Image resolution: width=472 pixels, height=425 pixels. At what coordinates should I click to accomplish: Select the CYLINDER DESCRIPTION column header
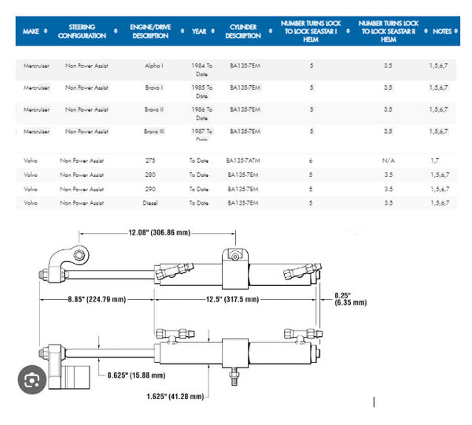pos(243,31)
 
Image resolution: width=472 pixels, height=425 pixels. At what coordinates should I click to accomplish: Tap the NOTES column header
pos(442,31)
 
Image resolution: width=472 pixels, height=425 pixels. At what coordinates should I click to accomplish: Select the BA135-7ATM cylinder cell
pos(243,161)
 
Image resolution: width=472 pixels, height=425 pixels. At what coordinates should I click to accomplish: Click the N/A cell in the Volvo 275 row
pos(388,161)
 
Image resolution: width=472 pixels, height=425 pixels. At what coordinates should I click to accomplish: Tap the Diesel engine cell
pos(151,203)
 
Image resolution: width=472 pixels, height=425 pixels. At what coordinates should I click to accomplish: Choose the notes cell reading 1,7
pos(435,161)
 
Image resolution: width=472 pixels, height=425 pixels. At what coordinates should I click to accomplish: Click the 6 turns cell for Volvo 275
pos(311,161)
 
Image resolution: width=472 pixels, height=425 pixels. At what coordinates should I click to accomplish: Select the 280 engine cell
pos(151,175)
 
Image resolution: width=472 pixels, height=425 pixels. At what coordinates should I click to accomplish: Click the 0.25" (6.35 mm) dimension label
pos(350,299)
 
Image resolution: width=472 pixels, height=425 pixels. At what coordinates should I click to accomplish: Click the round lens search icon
pos(31,380)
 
